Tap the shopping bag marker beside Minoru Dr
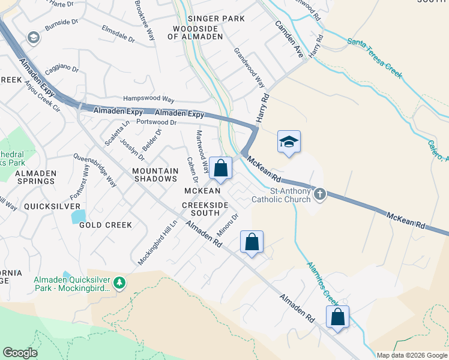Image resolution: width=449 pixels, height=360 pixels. [252, 242]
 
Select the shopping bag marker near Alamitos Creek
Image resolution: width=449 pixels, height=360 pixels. [337, 317]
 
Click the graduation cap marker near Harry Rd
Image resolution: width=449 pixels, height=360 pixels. [289, 142]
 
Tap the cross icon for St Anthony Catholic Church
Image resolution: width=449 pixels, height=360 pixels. [319, 194]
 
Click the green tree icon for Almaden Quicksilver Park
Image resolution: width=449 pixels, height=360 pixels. [120, 282]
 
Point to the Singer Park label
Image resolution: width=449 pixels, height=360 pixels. [216, 19]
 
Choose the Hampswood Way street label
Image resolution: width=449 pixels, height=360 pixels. [148, 98]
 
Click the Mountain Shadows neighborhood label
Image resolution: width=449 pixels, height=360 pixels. [155, 175]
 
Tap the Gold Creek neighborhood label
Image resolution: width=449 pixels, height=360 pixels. [105, 225]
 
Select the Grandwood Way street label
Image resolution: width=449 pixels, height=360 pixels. [249, 68]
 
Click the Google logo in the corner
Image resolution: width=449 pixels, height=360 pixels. [20, 353]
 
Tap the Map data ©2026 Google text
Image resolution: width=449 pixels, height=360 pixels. [411, 355]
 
